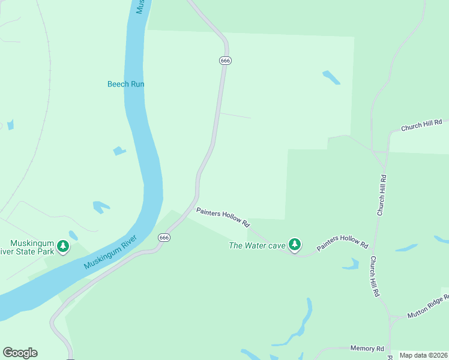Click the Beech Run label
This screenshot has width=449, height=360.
[x=126, y=84]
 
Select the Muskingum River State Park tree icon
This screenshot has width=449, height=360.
[x=63, y=245]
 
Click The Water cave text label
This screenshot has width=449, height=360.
[x=257, y=245]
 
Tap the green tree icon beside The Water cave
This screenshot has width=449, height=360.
[x=294, y=244]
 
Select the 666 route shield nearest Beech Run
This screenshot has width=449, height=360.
[x=225, y=61]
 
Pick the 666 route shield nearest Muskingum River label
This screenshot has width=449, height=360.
[x=164, y=238]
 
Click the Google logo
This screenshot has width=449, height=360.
[x=20, y=353]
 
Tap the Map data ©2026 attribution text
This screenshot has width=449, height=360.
[x=423, y=355]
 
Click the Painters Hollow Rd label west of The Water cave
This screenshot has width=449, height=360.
[x=223, y=217]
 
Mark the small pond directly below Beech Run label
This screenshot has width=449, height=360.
[x=119, y=151]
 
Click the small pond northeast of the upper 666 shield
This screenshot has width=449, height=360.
[x=331, y=77]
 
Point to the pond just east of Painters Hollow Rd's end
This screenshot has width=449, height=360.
[x=406, y=247]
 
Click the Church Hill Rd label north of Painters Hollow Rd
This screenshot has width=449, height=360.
[x=381, y=195]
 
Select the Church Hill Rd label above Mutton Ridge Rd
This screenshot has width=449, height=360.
[x=375, y=277]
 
